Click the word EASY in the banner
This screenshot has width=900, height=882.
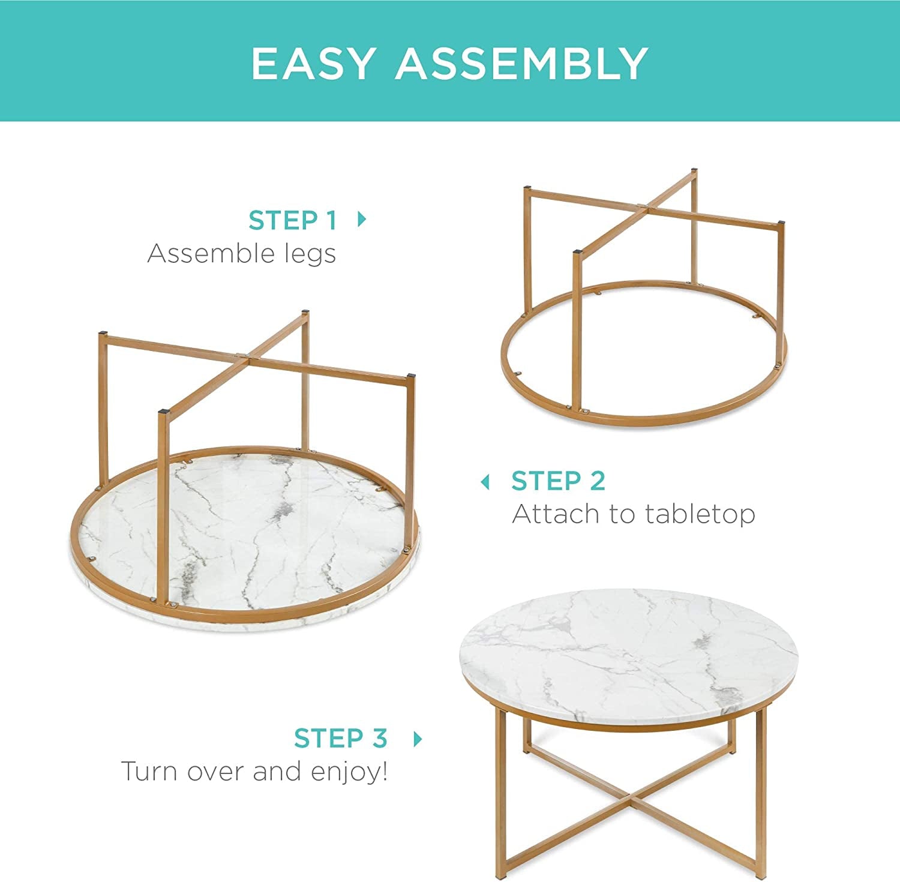click(313, 63)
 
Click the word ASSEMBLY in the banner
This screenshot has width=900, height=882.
click(521, 63)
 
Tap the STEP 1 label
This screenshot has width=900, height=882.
click(292, 220)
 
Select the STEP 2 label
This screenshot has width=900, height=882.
click(558, 481)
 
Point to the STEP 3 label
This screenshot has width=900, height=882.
click(340, 739)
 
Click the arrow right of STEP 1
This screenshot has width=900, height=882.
click(361, 219)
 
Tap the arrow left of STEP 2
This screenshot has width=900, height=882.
click(485, 482)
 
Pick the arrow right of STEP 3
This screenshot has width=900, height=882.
click(418, 739)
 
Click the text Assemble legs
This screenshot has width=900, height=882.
click(241, 254)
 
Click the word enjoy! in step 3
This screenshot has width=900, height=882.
click(349, 772)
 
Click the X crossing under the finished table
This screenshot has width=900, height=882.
click(628, 800)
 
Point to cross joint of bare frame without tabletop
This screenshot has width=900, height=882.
click(643, 208)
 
